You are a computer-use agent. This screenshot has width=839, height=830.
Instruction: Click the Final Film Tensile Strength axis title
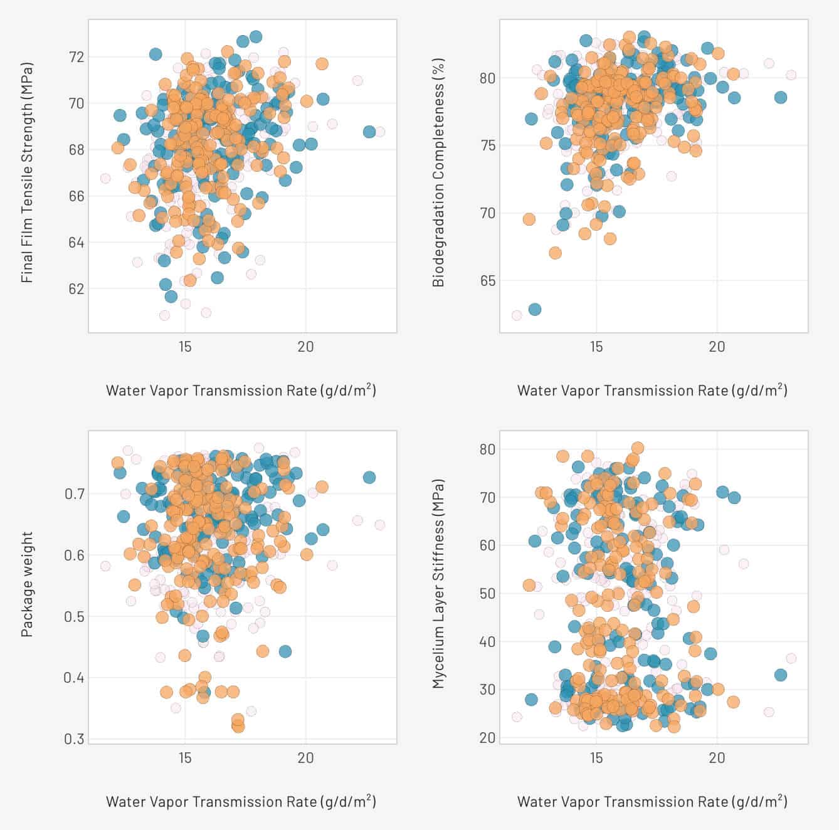click(27, 172)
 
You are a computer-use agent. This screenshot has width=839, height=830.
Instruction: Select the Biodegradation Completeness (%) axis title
click(438, 172)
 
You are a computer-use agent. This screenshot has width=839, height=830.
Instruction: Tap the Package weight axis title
click(27, 584)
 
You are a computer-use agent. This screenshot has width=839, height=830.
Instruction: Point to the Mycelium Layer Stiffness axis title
click(438, 584)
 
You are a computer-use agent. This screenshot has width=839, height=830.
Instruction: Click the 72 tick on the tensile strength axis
click(75, 57)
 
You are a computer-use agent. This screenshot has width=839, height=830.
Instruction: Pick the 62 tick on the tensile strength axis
click(75, 289)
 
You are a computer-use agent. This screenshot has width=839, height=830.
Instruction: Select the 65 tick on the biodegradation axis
click(487, 281)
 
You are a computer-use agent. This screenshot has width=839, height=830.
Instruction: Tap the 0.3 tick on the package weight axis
click(74, 739)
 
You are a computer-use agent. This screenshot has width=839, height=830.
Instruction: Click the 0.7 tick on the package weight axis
click(74, 494)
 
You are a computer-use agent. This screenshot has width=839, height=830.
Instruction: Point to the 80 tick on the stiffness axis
click(487, 449)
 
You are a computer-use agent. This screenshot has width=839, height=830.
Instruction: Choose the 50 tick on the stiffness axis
click(487, 594)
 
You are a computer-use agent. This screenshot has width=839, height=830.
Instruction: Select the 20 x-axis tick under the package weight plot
click(305, 758)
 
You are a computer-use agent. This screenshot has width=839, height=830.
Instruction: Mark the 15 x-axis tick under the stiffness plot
click(596, 758)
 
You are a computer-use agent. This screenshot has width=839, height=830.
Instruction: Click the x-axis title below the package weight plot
click(241, 801)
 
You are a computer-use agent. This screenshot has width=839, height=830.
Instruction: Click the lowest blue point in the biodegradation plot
click(535, 310)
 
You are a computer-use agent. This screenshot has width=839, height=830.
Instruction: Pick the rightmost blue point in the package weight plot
click(369, 478)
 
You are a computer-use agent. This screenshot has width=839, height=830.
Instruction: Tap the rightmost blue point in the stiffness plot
click(781, 675)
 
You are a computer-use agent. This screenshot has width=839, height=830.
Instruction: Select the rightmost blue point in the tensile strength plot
click(369, 132)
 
